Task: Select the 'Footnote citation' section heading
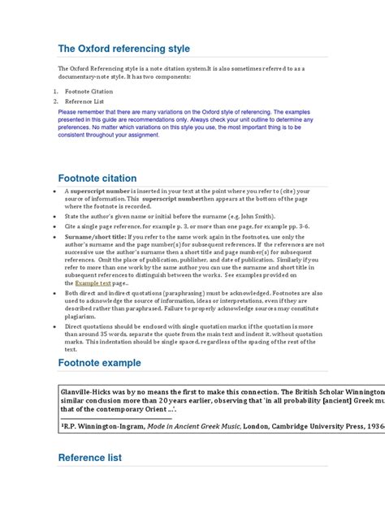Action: point(97,178)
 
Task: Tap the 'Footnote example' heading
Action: point(99,362)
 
